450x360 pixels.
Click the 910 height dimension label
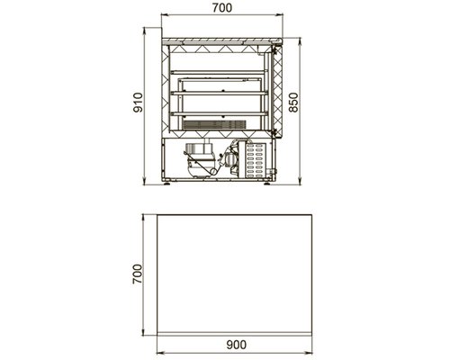pos(138,103)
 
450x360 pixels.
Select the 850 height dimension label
pos(293,103)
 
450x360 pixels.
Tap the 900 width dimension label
pos(237,345)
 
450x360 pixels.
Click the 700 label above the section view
pos(222,8)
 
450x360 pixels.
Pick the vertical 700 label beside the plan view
pos(138,274)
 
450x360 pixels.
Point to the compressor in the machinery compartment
pos(200,160)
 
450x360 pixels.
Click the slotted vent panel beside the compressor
pos(256,160)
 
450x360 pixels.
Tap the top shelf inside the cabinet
pos(220,72)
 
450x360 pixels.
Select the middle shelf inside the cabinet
pos(220,94)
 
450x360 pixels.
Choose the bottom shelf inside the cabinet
pos(220,113)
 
